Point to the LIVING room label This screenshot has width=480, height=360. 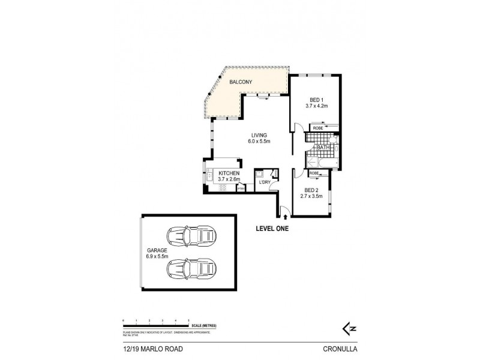tap(260, 135)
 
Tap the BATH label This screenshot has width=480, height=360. tap(323, 147)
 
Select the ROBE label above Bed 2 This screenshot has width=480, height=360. tap(313, 173)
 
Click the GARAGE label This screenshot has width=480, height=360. tap(156, 251)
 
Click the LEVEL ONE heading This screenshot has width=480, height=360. tap(273, 227)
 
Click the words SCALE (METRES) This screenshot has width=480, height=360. tap(203, 325)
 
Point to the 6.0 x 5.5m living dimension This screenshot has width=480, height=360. tap(260, 142)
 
